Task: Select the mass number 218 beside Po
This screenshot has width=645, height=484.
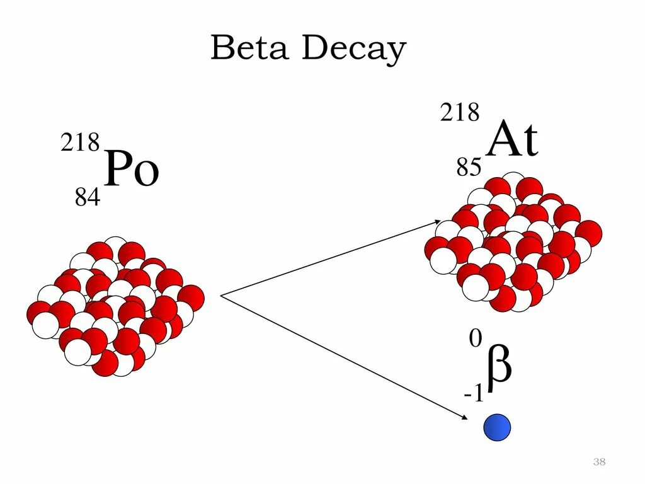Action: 80,143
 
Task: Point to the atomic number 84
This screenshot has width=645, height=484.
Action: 88,199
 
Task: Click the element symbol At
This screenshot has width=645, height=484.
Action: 513,141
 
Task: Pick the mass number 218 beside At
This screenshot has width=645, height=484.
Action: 459,113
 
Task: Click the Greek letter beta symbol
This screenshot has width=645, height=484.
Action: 499,366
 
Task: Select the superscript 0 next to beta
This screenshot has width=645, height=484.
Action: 476,340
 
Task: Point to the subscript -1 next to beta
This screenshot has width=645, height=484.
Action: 474,395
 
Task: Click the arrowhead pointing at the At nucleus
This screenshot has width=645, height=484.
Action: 437,221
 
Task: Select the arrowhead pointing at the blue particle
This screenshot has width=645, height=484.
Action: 464,416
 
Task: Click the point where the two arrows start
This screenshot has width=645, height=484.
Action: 220,295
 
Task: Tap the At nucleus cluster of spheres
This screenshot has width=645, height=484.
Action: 513,243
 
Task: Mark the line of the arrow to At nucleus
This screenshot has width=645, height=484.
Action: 328,258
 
